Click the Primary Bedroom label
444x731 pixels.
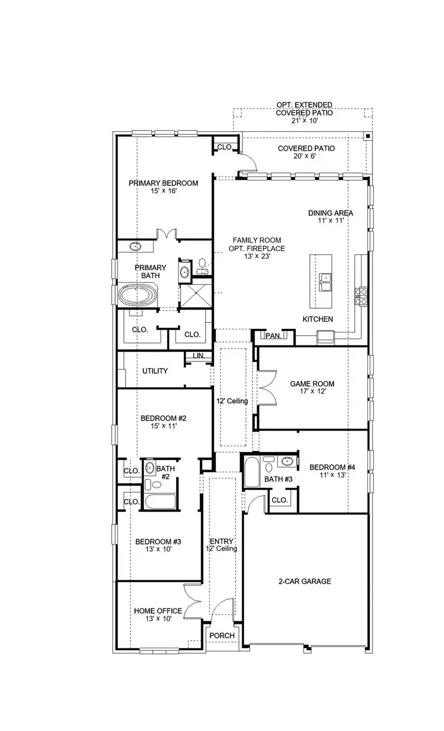(163, 183)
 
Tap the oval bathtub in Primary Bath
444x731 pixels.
(138, 295)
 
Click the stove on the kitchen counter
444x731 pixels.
(361, 296)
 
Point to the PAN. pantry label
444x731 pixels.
(273, 336)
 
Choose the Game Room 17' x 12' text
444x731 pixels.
(312, 391)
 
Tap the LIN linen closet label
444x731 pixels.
(198, 355)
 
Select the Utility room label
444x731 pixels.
(155, 371)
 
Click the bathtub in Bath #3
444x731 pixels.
(251, 473)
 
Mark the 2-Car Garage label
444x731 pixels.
(305, 581)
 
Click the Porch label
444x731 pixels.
(222, 636)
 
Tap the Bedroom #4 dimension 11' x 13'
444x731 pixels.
(332, 475)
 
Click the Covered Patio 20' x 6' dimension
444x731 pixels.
(306, 156)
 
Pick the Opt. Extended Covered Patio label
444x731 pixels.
(304, 113)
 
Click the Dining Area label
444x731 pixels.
(330, 213)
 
